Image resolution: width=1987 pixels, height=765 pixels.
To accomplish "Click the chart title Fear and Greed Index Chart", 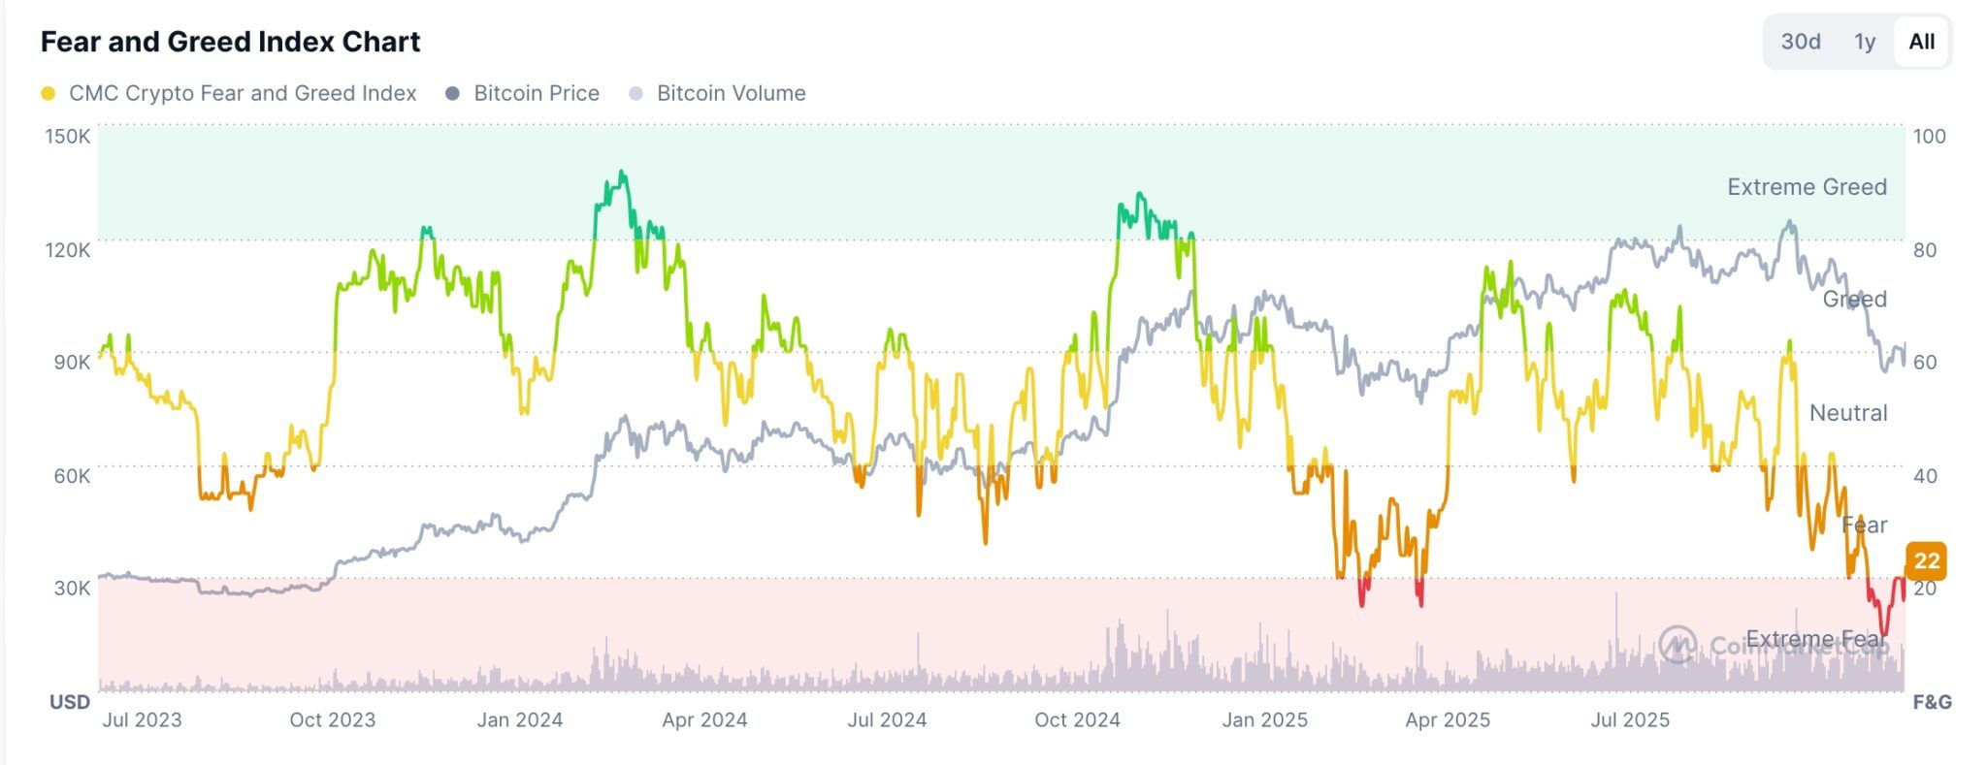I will (x=230, y=42).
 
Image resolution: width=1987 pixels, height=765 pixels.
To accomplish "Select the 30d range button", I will (x=1800, y=42).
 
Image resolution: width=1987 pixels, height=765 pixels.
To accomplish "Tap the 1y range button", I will (x=1864, y=42).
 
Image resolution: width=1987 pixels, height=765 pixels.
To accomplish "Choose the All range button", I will (x=1921, y=42).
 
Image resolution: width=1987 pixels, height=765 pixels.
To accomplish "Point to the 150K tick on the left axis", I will (x=67, y=136).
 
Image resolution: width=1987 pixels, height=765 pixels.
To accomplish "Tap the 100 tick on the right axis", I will (x=1929, y=136).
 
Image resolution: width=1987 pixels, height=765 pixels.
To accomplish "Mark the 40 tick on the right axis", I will (x=1925, y=475).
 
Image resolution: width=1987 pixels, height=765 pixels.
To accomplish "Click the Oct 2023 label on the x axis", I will (x=332, y=719).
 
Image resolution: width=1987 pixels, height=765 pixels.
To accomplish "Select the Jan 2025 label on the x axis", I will (x=1264, y=719).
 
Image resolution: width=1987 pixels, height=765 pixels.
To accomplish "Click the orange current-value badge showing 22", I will (x=1926, y=560).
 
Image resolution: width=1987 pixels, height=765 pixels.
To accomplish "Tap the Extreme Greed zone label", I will (x=1807, y=186).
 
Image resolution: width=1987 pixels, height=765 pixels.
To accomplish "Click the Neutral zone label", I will (x=1848, y=413).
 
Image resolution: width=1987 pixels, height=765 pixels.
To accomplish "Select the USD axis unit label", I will (x=70, y=702).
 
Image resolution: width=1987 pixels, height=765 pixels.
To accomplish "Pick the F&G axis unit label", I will (x=1932, y=702).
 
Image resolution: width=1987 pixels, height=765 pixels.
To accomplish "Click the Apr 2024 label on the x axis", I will (x=704, y=719).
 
